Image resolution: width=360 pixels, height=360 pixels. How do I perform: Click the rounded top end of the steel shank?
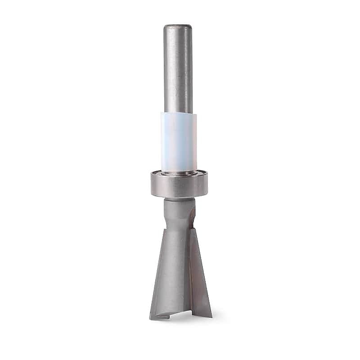pos(178,27)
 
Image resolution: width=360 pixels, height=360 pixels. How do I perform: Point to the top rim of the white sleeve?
pos(179,113)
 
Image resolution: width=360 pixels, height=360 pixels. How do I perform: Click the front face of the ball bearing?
pos(179,186)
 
